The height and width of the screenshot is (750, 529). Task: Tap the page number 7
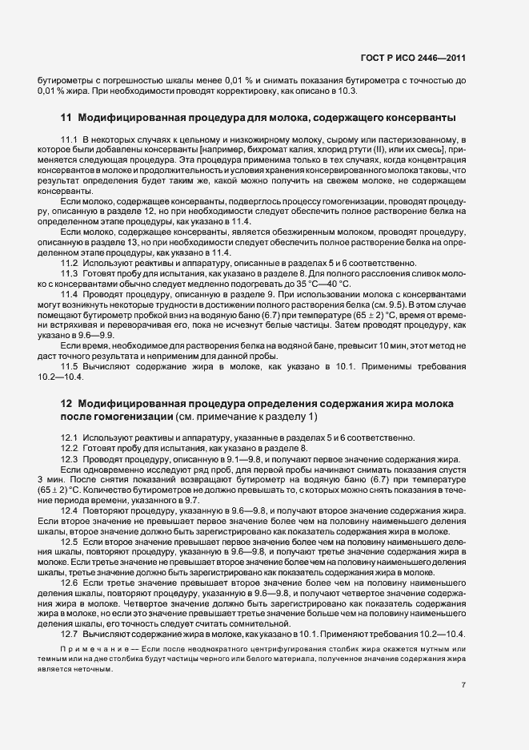pos(463,685)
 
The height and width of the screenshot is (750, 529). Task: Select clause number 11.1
pos(69,141)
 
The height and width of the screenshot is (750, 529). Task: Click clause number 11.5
pos(69,365)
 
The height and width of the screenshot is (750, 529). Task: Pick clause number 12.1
pos(69,437)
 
